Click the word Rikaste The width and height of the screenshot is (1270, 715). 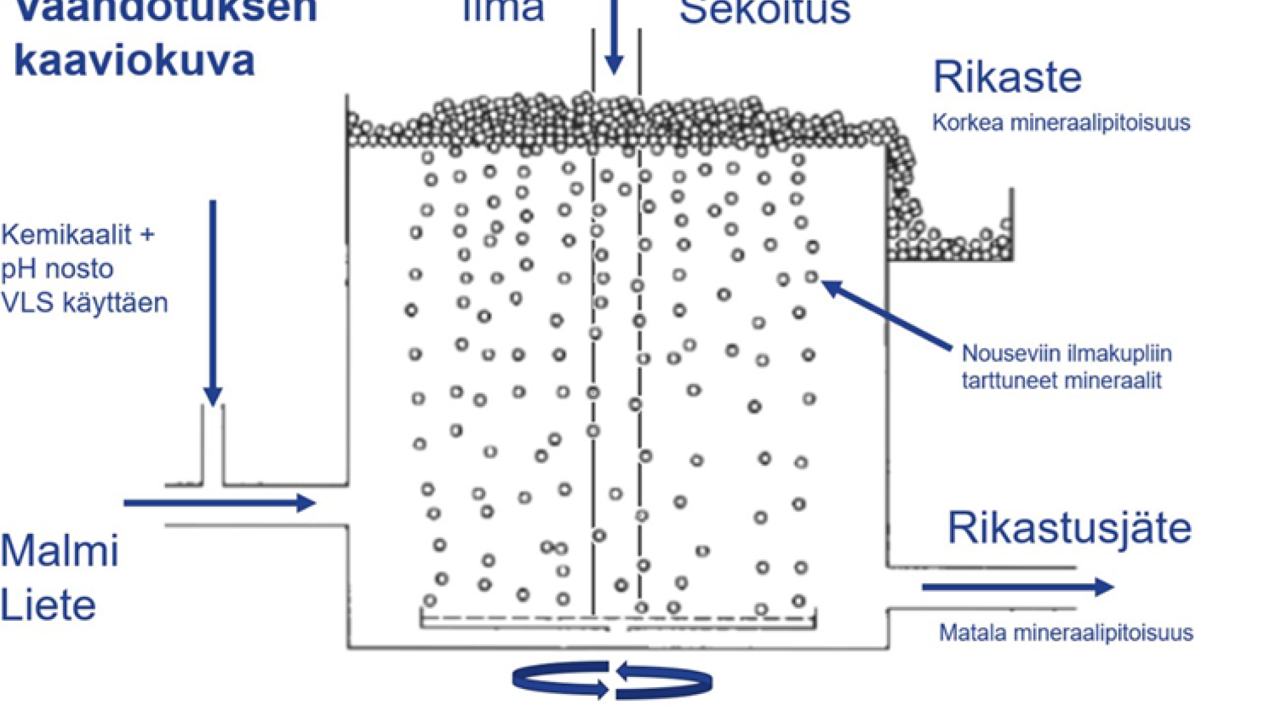(1007, 78)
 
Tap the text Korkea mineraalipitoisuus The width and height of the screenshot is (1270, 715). (1060, 123)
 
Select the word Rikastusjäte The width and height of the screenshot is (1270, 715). (1069, 529)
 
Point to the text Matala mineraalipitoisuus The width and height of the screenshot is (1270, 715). (1066, 633)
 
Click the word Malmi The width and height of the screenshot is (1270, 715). (60, 550)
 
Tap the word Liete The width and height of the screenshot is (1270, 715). (48, 605)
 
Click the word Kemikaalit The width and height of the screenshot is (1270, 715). (67, 235)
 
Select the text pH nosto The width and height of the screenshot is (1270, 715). (57, 269)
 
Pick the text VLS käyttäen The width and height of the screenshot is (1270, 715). (84, 303)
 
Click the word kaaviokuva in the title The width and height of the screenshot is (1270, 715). (134, 61)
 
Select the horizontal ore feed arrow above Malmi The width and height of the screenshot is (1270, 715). (219, 503)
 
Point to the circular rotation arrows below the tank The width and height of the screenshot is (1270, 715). (612, 680)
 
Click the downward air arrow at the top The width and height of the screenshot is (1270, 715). (613, 38)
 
